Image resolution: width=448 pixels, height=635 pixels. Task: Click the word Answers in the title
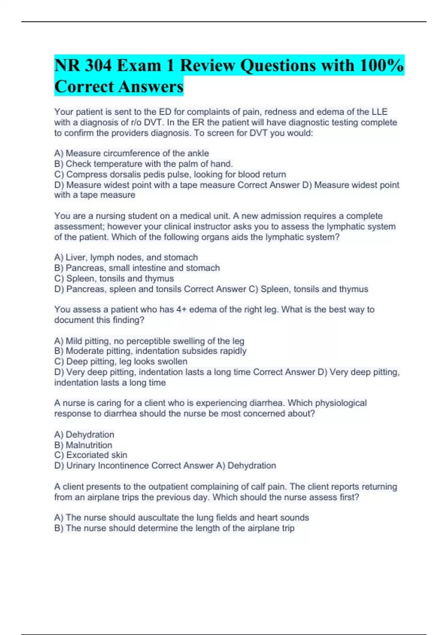156,87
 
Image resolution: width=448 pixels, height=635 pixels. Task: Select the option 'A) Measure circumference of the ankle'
131,153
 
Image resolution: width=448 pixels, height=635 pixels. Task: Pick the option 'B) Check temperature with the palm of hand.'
143,164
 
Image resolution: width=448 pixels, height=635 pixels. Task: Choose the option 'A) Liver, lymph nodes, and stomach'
126,257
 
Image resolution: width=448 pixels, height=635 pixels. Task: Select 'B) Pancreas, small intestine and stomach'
137,268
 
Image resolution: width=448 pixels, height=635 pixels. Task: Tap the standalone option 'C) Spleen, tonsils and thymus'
114,278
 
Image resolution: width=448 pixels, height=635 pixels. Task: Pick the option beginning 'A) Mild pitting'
149,341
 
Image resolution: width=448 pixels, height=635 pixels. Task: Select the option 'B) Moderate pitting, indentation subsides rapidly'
150,351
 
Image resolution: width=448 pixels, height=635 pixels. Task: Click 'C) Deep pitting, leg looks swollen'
121,361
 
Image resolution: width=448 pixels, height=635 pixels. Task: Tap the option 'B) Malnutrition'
83,445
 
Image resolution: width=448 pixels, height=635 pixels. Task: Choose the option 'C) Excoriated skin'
90,455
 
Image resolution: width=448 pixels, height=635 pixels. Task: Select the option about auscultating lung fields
181,517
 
